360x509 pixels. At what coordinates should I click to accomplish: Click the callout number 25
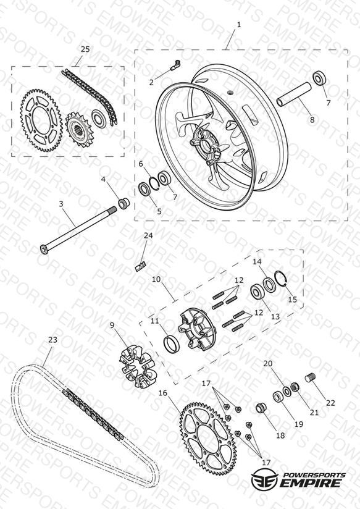click(x=85, y=49)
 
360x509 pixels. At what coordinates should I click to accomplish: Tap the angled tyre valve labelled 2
click(x=175, y=64)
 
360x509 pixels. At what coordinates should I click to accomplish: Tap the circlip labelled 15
click(x=282, y=279)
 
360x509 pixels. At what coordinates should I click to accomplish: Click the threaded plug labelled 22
click(x=311, y=378)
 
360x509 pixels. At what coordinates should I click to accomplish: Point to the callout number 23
click(x=52, y=340)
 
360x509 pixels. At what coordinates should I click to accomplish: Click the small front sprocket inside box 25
click(x=79, y=130)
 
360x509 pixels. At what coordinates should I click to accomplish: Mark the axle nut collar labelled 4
click(x=123, y=203)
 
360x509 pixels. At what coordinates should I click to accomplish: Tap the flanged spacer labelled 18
click(x=261, y=408)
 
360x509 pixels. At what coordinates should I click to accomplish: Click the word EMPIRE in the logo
click(x=312, y=483)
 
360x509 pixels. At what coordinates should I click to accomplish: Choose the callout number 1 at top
click(x=239, y=25)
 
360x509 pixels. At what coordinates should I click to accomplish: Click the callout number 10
click(x=156, y=279)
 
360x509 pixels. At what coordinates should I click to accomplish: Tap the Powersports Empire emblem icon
click(x=264, y=479)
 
